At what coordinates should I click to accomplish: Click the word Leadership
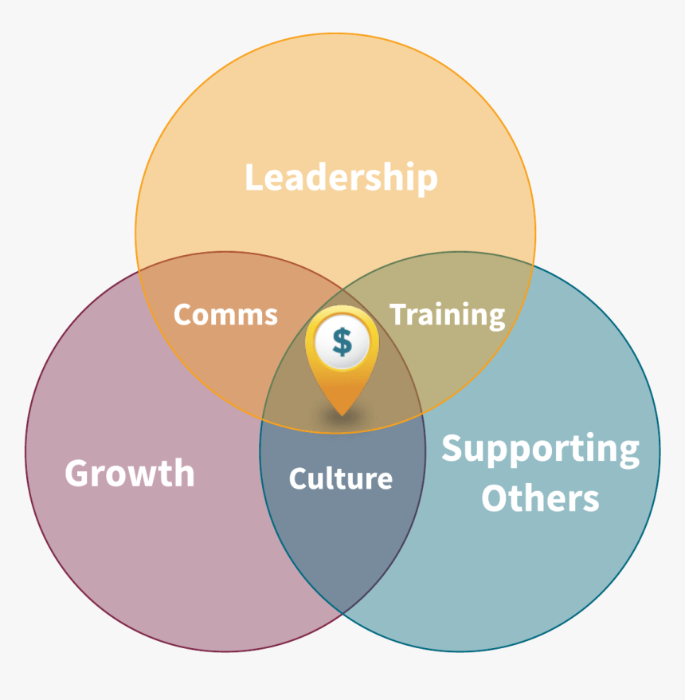[341, 178]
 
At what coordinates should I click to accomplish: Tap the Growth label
[130, 473]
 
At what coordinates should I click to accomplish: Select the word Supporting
[541, 450]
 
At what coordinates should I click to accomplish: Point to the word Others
[540, 498]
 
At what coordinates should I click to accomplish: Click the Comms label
[225, 315]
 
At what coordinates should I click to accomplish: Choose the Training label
[448, 316]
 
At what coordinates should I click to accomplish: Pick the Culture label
[341, 478]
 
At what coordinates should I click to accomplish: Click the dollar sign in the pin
[342, 342]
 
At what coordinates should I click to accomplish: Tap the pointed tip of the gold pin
[342, 415]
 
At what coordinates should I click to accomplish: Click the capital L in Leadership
[255, 178]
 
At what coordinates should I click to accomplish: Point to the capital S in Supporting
[452, 448]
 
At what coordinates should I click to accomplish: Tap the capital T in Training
[400, 314]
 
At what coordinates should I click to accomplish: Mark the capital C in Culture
[299, 478]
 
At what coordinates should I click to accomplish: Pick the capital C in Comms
[184, 315]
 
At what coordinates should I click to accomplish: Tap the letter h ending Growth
[184, 473]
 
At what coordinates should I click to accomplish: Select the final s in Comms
[270, 317]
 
